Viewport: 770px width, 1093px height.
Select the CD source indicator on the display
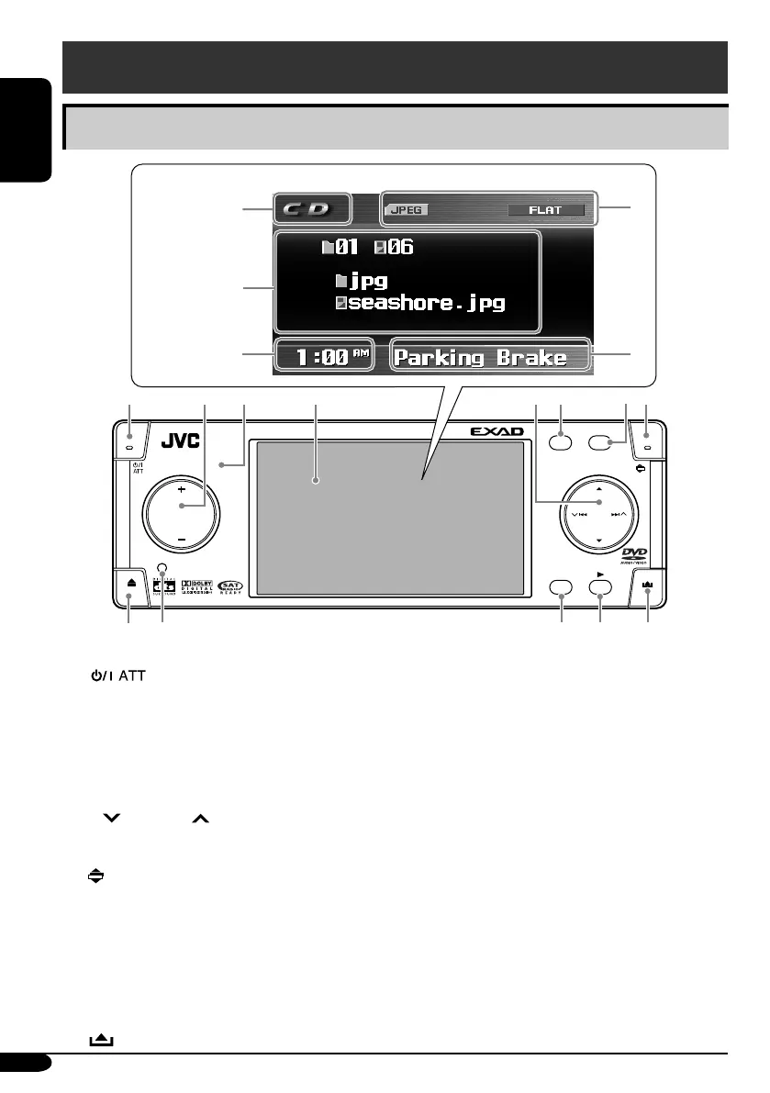coord(311,208)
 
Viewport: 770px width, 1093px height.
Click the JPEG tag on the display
coord(407,210)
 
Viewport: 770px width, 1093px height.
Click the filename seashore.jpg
coord(427,304)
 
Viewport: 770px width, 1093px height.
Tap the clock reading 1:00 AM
coord(324,357)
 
